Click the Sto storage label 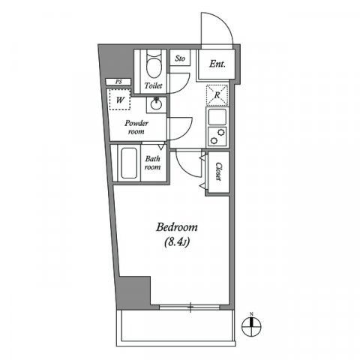(x=180, y=58)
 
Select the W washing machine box (x=119, y=99)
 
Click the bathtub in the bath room (x=126, y=163)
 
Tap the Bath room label (x=153, y=163)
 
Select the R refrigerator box (x=217, y=96)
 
